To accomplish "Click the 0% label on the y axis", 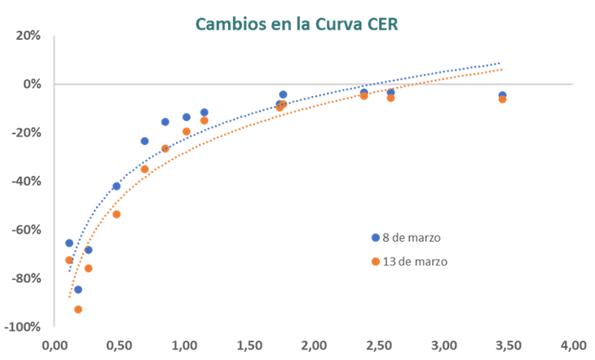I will pyautogui.click(x=31, y=84).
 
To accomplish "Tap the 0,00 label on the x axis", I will pyautogui.click(x=55, y=345).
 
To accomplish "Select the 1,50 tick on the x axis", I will pyautogui.click(x=249, y=345).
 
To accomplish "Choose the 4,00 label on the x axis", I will pyautogui.click(x=574, y=345).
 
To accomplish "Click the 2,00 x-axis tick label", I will pyautogui.click(x=314, y=345).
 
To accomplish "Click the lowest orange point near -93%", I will pyautogui.click(x=77, y=310).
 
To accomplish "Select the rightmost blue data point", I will pyautogui.click(x=502, y=95).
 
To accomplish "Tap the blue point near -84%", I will pyautogui.click(x=78, y=289).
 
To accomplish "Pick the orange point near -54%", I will pyautogui.click(x=116, y=215).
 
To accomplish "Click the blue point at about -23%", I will pyautogui.click(x=144, y=141).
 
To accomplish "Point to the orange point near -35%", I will pyautogui.click(x=144, y=169).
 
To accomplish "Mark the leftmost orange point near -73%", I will pyautogui.click(x=68, y=260).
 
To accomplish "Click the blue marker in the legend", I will pyautogui.click(x=375, y=237).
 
